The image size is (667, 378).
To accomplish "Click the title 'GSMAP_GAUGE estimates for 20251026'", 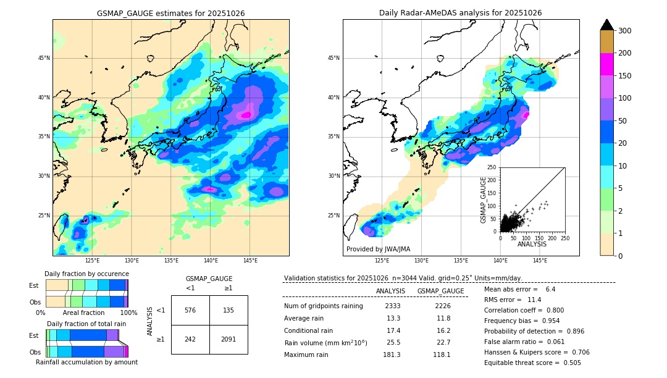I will pos(170,13).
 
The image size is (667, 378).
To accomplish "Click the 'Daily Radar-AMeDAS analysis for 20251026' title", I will pos(461,13).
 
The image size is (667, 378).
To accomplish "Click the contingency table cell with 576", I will pos(190,310).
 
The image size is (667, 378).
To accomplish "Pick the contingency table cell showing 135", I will pos(229,310).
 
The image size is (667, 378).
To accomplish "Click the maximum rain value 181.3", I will pos(393,355).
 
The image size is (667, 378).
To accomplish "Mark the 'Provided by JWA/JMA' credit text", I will pos(378,250).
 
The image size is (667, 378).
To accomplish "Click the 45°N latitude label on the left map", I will pos(44,58).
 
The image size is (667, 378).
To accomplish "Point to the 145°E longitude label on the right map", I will pos(540,261).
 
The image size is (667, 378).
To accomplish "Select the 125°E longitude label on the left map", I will pos(92,261).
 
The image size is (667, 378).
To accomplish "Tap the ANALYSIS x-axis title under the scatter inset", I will pos(531,244).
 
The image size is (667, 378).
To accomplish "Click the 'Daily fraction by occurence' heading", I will pos(86,274).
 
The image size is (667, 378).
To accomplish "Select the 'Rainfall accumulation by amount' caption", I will pos(86,363).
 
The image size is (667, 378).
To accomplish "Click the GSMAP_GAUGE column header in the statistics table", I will pos(440,291).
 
